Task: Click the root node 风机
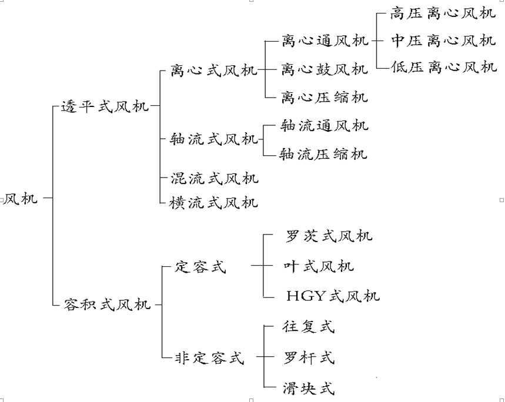pyautogui.click(x=21, y=199)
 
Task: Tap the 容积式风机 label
pyautogui.click(x=106, y=304)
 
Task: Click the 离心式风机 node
pyautogui.click(x=213, y=71)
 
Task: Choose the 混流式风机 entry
pyautogui.click(x=213, y=177)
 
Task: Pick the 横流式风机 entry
pyautogui.click(x=213, y=203)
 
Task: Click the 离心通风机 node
pyautogui.click(x=325, y=41)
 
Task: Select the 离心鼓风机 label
pyautogui.click(x=325, y=69)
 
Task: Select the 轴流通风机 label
pyautogui.click(x=325, y=126)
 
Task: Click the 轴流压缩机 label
pyautogui.click(x=325, y=154)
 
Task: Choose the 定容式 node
pyautogui.click(x=200, y=266)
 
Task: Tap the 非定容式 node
pyautogui.click(x=209, y=357)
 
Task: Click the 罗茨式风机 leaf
pyautogui.click(x=329, y=236)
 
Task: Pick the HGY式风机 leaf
pyautogui.click(x=333, y=295)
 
